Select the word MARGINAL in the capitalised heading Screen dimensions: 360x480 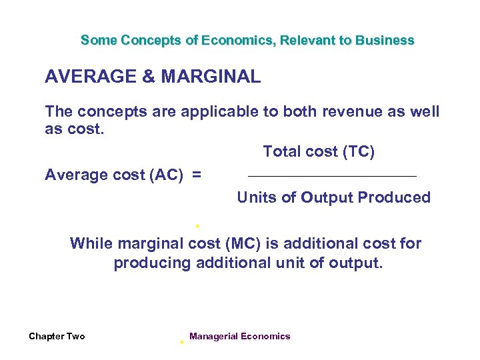[211, 77]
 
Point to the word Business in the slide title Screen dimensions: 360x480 [385, 40]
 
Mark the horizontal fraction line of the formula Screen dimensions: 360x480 [332, 176]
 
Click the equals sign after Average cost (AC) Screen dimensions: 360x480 [197, 175]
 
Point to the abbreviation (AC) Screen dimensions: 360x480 [169, 175]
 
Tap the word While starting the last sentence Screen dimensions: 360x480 [91, 243]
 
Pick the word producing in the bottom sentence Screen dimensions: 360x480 [153, 263]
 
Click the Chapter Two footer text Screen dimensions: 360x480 [57, 337]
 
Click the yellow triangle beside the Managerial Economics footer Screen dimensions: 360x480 [181, 341]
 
